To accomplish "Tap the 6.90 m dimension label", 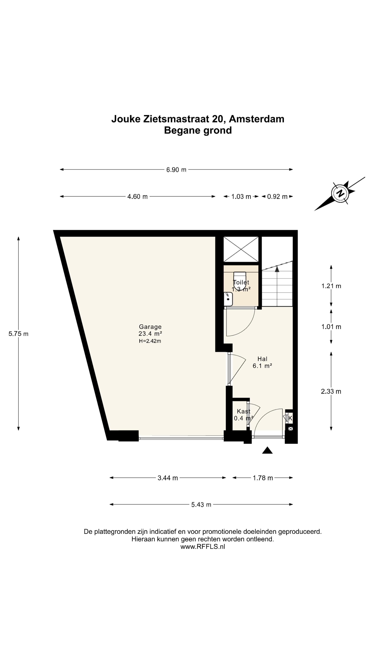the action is (176, 170).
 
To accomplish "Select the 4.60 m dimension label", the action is (137, 197).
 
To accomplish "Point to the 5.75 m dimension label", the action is (18, 334).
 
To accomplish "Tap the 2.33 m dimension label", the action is (331, 391).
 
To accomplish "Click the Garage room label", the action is (150, 327).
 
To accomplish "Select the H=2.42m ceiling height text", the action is (150, 341).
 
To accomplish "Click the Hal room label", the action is (262, 359).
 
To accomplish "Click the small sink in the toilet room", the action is (228, 299).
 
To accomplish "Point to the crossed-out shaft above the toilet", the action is (241, 249).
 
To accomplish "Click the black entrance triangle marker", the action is (267, 450).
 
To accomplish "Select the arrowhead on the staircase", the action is (277, 269).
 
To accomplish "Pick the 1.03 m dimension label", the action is (241, 197).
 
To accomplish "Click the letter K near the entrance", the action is (290, 418).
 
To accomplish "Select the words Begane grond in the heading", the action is (198, 130).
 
